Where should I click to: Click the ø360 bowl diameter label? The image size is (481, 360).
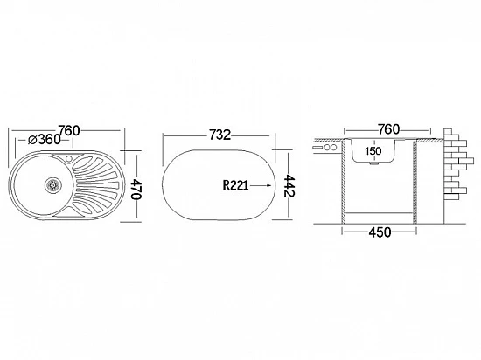pyautogui.click(x=45, y=140)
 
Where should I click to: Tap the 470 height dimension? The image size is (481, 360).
pyautogui.click(x=136, y=189)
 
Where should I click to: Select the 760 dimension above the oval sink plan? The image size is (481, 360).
pyautogui.click(x=69, y=130)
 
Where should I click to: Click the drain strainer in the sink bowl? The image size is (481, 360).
pyautogui.click(x=53, y=184)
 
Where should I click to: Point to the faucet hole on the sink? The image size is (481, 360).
pyautogui.click(x=69, y=158)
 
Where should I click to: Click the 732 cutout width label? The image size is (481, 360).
pyautogui.click(x=220, y=135)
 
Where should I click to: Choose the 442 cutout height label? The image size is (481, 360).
pyautogui.click(x=289, y=185)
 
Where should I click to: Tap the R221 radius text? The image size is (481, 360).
pyautogui.click(x=235, y=185)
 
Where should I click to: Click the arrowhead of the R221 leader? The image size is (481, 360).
pyautogui.click(x=268, y=185)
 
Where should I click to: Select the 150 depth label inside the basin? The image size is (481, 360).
pyautogui.click(x=373, y=151)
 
